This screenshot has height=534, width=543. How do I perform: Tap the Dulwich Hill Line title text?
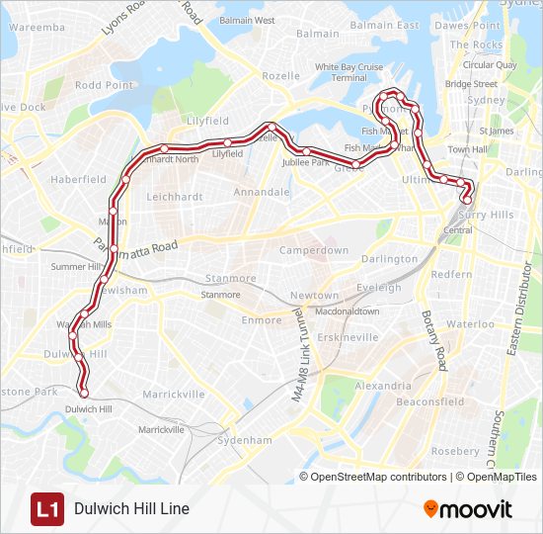131,509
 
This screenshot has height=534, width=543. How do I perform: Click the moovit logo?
468,509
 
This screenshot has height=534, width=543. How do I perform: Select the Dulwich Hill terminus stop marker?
84,394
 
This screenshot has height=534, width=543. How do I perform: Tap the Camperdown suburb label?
314,251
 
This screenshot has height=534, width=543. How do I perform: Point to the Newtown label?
314,296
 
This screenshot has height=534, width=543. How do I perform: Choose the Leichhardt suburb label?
175,197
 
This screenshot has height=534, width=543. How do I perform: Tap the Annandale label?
263,192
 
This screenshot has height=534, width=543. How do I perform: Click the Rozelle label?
281,76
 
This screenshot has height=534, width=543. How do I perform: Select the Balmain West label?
246,20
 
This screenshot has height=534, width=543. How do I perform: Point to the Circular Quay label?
490,65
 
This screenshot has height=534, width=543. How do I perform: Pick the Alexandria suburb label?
383,386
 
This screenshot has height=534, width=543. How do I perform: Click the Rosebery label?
456,451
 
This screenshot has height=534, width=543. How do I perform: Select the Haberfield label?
78,180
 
